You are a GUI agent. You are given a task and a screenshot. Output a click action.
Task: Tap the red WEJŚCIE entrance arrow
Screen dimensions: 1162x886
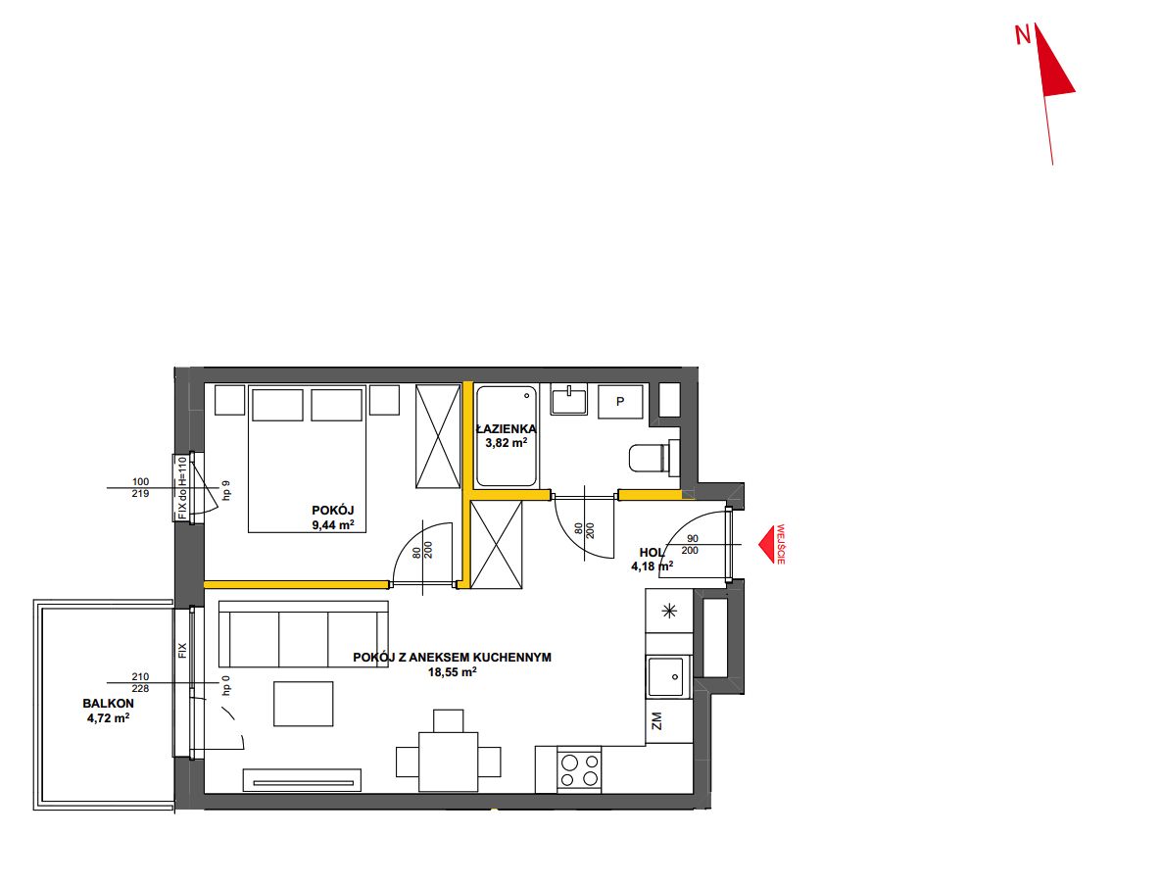(767, 545)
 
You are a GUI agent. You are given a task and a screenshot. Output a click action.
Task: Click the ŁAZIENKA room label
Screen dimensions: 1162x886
(507, 428)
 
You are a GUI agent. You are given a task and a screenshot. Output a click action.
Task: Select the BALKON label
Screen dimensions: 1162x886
(108, 703)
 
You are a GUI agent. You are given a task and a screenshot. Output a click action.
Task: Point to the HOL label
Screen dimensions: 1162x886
(653, 553)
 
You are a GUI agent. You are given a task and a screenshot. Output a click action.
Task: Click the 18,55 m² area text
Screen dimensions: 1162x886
(452, 672)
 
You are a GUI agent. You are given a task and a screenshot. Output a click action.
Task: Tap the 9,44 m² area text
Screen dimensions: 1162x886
(333, 525)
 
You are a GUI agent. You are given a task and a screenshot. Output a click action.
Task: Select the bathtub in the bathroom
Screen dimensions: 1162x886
(507, 436)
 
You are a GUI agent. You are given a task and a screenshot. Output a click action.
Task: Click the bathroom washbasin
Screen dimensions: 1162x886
(568, 400)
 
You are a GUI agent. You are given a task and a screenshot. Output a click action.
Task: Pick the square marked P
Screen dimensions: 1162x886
(620, 402)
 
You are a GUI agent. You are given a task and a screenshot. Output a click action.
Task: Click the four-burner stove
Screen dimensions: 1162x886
(579, 769)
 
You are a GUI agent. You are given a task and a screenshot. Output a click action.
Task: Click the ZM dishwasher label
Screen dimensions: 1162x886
(656, 720)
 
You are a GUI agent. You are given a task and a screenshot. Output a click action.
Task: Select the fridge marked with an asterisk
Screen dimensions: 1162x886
(669, 611)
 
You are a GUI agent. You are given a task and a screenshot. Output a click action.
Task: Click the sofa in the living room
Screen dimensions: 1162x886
(303, 634)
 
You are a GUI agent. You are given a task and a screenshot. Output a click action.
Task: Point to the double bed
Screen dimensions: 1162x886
(307, 459)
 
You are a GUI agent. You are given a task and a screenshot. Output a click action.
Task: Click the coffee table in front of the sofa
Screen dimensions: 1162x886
(303, 704)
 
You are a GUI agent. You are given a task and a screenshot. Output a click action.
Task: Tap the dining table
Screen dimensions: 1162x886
(449, 762)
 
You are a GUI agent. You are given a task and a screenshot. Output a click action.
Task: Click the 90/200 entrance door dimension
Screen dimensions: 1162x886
(691, 544)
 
